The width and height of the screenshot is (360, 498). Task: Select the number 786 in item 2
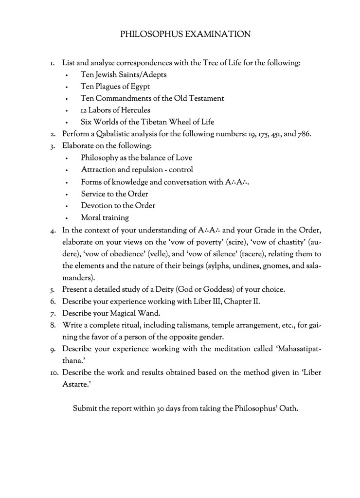coord(303,134)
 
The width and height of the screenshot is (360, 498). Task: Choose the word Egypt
coord(139,87)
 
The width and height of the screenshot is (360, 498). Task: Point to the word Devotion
coord(97,206)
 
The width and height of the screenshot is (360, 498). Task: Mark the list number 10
coord(54,373)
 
